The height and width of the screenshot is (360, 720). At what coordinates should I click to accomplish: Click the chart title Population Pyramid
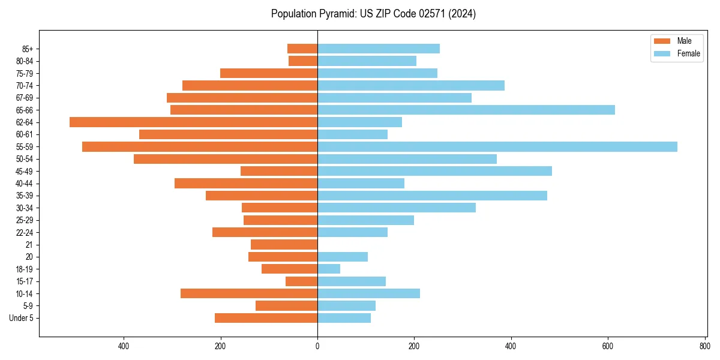(373, 14)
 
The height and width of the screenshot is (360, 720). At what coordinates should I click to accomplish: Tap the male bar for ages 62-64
(193, 122)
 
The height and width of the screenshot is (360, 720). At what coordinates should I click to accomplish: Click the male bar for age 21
(284, 244)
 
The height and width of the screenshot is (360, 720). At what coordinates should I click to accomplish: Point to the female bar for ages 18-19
(329, 269)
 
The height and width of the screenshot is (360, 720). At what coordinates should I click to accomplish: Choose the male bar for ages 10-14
(249, 293)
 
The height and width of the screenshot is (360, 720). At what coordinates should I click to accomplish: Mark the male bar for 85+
(302, 49)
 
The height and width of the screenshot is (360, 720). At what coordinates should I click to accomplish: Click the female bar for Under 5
(344, 318)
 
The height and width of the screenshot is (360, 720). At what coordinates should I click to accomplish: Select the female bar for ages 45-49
(434, 171)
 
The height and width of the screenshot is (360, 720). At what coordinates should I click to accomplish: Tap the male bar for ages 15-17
(301, 281)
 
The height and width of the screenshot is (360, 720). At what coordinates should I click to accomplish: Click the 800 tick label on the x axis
(704, 346)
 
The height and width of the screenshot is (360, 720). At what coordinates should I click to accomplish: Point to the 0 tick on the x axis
(317, 346)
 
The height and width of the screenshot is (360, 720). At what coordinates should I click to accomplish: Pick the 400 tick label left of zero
(124, 346)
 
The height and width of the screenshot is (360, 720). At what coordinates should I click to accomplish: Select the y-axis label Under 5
(22, 318)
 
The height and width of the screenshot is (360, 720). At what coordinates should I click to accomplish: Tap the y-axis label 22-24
(25, 232)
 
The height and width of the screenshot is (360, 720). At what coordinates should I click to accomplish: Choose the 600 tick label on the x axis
(608, 346)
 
